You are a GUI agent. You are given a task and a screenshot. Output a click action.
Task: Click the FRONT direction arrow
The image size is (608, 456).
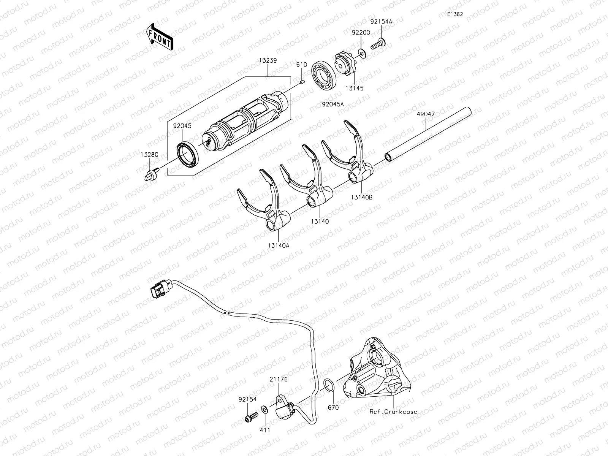click(159, 37)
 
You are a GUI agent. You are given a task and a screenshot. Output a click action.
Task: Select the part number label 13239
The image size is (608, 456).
click(268, 60)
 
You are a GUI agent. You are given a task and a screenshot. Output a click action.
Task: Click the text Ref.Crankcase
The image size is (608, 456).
click(394, 412)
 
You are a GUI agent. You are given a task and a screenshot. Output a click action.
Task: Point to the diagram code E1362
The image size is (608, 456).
click(454, 14)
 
